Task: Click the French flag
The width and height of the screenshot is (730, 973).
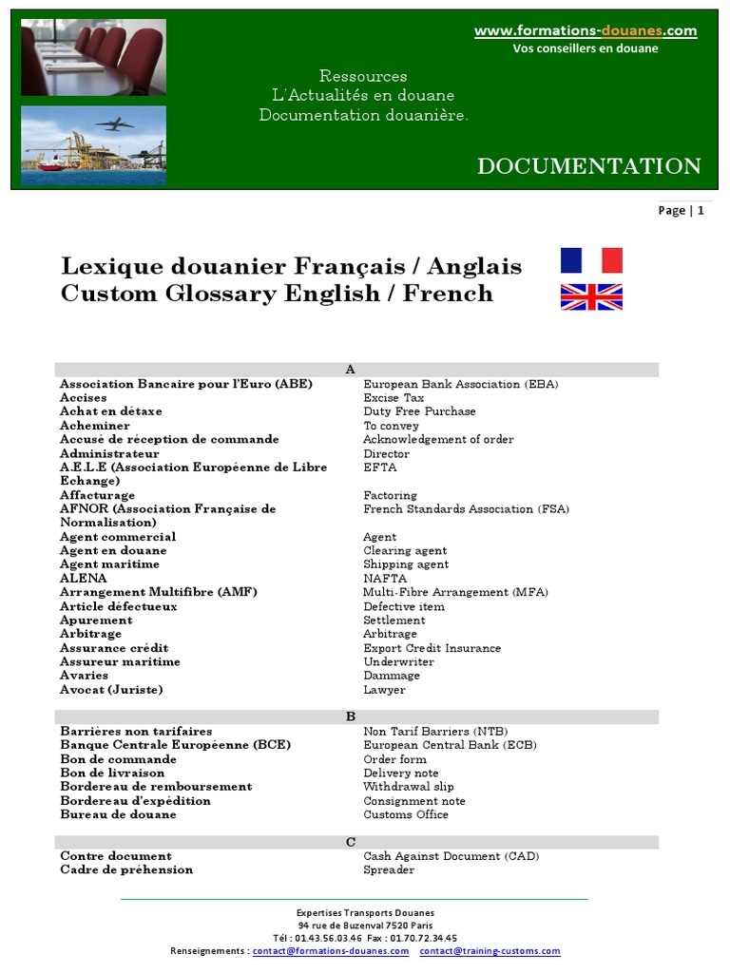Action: pyautogui.click(x=591, y=260)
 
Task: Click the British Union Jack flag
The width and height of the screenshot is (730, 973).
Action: pyautogui.click(x=591, y=297)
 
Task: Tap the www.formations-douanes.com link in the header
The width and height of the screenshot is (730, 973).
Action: pyautogui.click(x=586, y=31)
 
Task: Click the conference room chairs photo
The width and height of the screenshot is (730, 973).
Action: pyautogui.click(x=93, y=57)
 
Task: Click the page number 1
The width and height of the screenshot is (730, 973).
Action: pyautogui.click(x=701, y=211)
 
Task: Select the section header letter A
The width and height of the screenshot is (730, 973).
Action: pyautogui.click(x=350, y=370)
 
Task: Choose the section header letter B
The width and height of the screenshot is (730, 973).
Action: pyautogui.click(x=350, y=716)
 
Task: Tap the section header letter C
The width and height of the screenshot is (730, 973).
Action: pyautogui.click(x=350, y=842)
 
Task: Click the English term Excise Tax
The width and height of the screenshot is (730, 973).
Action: pyautogui.click(x=394, y=398)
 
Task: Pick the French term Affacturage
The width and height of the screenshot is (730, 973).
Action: pyautogui.click(x=97, y=495)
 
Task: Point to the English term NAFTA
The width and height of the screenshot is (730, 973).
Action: pyautogui.click(x=385, y=579)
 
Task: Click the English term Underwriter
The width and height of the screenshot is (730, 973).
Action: pyautogui.click(x=398, y=661)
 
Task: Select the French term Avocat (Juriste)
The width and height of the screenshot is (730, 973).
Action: pyautogui.click(x=111, y=690)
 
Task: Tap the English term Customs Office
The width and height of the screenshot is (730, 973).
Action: pyautogui.click(x=406, y=814)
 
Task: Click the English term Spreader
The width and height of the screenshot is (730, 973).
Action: pyautogui.click(x=389, y=869)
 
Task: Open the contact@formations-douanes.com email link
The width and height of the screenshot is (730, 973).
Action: pyautogui.click(x=331, y=950)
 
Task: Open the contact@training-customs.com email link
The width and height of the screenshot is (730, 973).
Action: pyautogui.click(x=490, y=950)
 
